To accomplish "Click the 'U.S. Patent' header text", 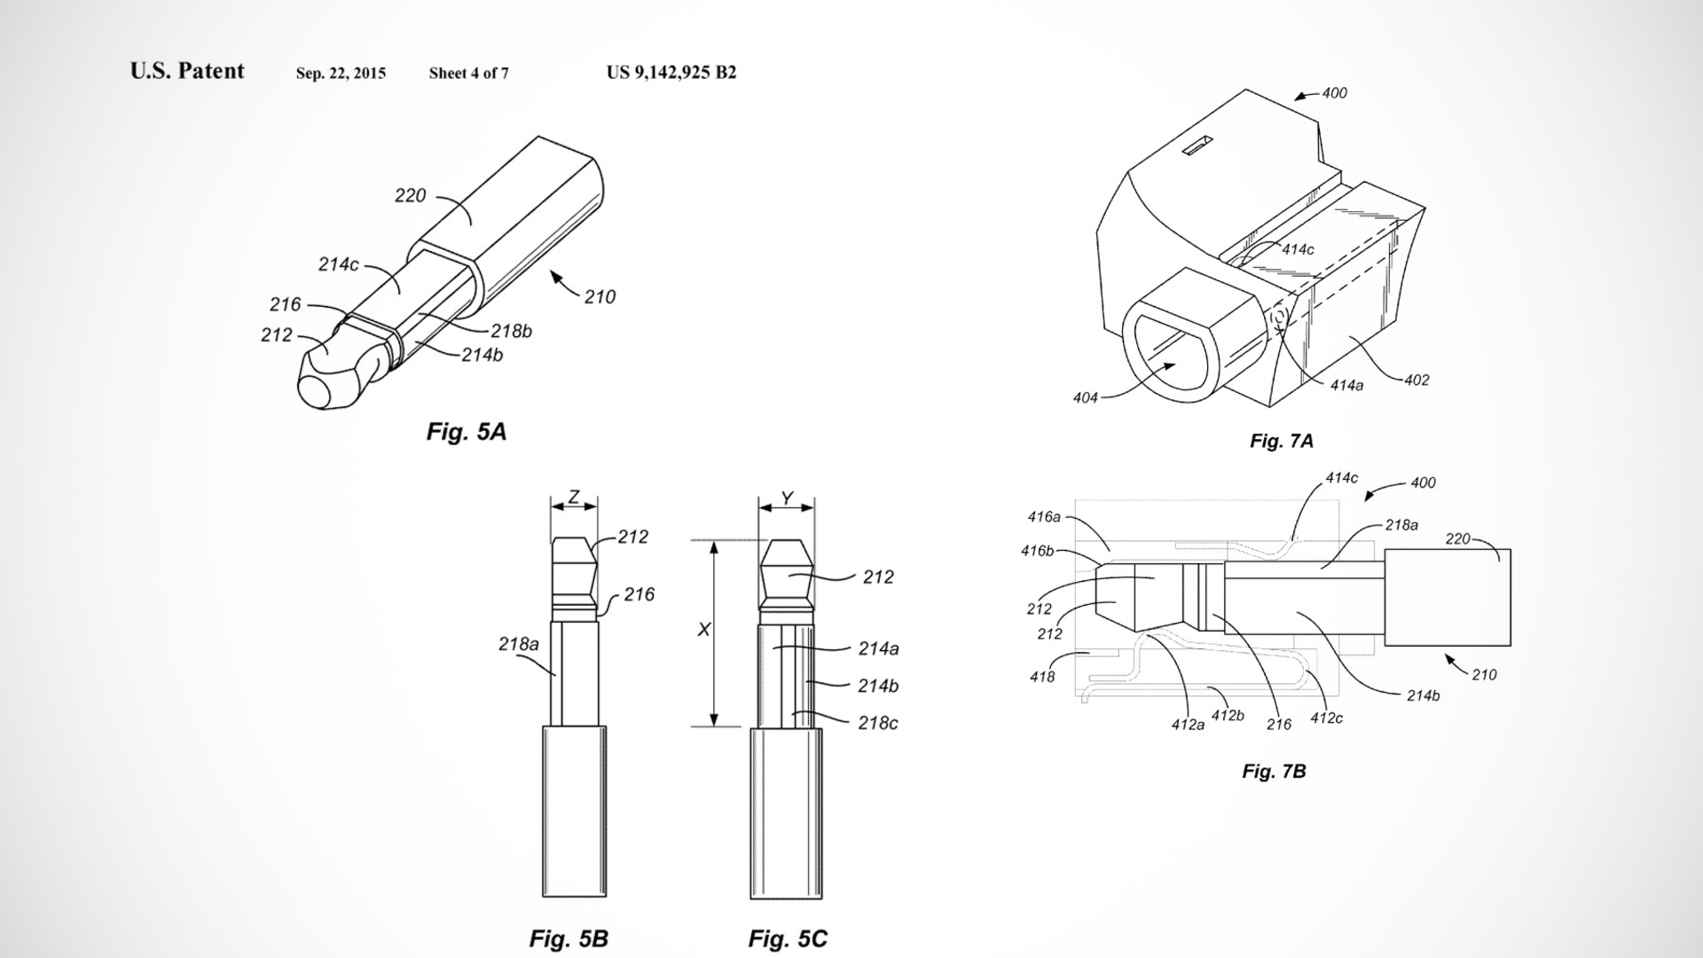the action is [187, 71].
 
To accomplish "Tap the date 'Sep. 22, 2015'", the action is [341, 74].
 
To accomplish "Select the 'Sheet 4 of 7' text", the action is [468, 74].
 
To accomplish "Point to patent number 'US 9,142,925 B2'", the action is [671, 73].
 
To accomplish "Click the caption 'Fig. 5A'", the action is [467, 432].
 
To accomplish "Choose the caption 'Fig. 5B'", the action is [569, 938].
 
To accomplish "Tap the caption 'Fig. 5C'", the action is [788, 938].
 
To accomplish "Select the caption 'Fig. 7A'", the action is [1282, 441].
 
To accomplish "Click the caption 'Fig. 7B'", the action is [1274, 771].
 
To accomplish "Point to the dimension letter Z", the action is [574, 498].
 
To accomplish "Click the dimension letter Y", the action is [787, 499].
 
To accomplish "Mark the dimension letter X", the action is [704, 629].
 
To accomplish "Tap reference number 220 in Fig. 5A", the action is [410, 195].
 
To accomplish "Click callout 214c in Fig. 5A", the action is [338, 264].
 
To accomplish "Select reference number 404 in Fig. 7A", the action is [1086, 398].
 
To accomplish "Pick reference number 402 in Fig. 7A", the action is [1417, 380].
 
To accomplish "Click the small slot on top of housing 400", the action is [1197, 146].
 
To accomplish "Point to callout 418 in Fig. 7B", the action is [1042, 677].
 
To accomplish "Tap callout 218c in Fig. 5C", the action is [878, 723].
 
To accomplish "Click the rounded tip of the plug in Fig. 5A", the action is [317, 391].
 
